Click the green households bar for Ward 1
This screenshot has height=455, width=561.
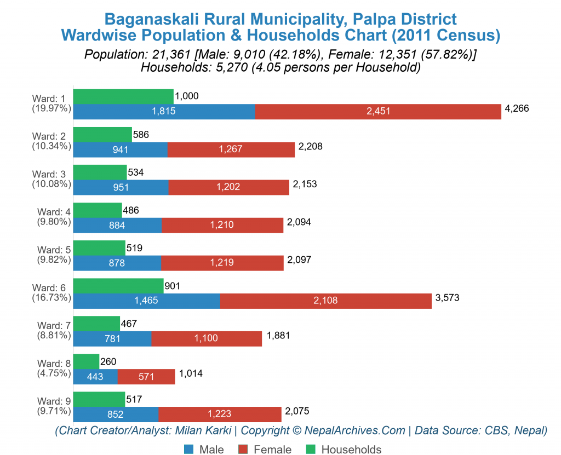click(123, 96)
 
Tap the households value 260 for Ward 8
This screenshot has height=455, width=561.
click(108, 361)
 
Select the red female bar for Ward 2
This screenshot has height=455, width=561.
click(231, 149)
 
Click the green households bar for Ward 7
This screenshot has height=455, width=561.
click(96, 324)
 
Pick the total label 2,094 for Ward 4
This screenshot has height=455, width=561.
click(299, 222)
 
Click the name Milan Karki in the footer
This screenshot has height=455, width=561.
click(203, 430)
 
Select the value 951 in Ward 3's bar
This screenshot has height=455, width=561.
click(121, 187)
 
